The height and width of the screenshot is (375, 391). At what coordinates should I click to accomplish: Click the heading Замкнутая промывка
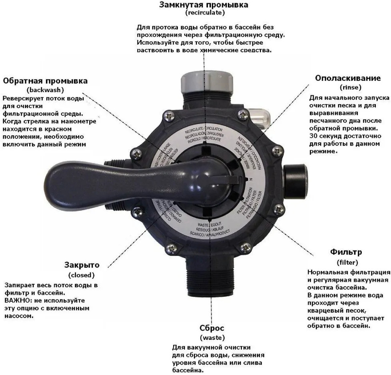pos(203,5)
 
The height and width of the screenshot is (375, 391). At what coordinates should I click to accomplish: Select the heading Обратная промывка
pos(45,81)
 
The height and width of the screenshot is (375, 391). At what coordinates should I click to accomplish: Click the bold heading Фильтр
pos(346,252)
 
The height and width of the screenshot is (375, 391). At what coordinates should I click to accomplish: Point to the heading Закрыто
pos(82,265)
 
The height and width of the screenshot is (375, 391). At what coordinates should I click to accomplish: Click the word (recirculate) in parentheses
pos(205,13)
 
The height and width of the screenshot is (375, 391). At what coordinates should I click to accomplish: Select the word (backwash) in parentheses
pos(45,90)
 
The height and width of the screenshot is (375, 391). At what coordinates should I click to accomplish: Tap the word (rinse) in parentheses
pos(350,87)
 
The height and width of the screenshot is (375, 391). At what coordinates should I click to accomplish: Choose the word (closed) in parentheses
pos(82,275)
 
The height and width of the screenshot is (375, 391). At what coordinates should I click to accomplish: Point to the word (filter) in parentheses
pos(346,262)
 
